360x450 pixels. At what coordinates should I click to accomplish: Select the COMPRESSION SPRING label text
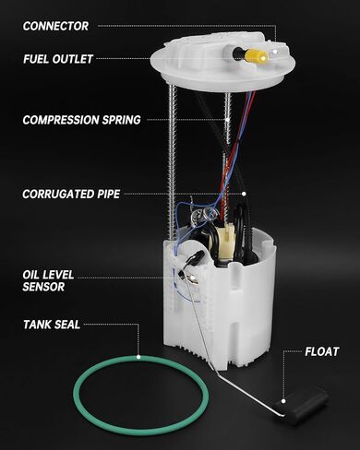[x=81, y=119]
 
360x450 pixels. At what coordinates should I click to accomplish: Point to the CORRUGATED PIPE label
[x=71, y=195]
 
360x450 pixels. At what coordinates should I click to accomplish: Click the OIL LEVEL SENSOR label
[x=49, y=280]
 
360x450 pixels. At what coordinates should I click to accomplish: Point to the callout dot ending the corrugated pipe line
[x=244, y=195]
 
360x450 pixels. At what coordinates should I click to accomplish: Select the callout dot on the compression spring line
[x=223, y=119]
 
